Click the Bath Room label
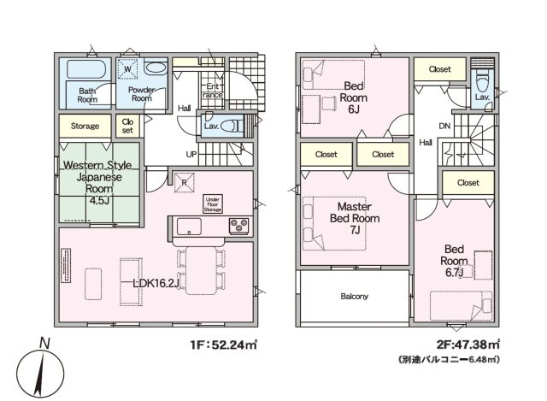pos(87,95)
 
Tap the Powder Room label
pos(142,94)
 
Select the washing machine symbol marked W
pos(127,69)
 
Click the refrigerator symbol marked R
pos(185,182)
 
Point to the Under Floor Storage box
pos(213,204)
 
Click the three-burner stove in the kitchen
pos(239,226)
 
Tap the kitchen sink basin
pos(189,227)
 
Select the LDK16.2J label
pos(156,283)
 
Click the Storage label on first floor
pos(85,126)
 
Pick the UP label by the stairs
pos(191,154)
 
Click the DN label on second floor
pos(444,126)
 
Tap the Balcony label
pos(354,297)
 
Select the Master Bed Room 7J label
pos(355,218)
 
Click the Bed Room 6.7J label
pos(454,261)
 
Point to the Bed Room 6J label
pos(353,97)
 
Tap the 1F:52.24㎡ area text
pos(224,345)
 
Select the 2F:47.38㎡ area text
pos(468,345)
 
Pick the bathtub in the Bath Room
pos(86,69)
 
